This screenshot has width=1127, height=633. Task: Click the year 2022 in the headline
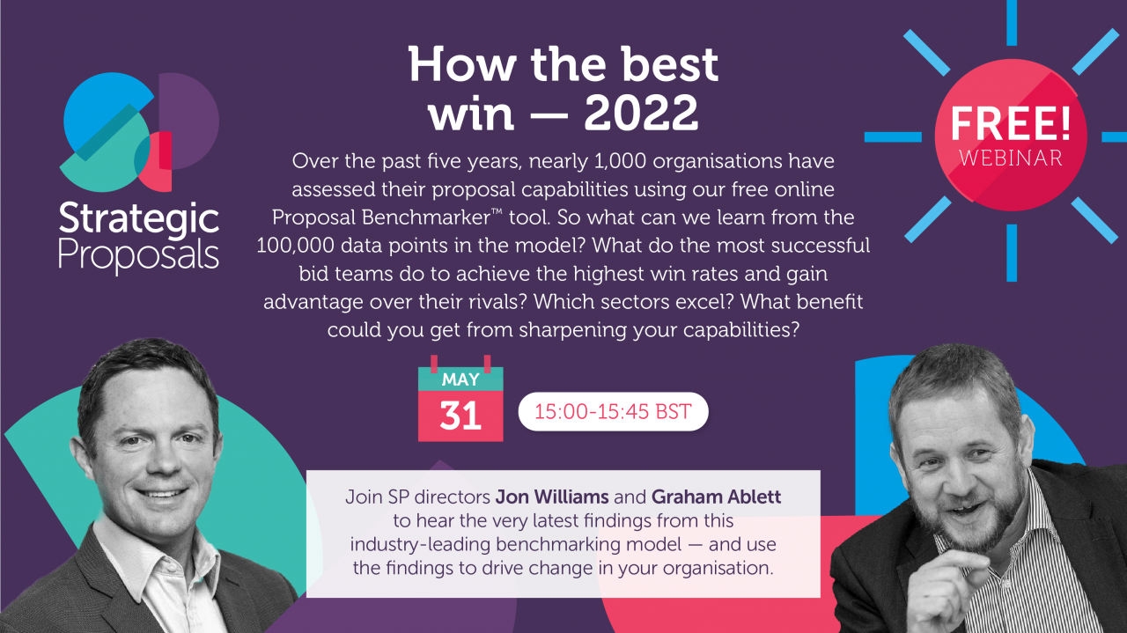click(641, 114)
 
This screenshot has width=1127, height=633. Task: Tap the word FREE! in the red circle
click(1010, 123)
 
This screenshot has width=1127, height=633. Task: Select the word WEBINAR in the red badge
click(1011, 158)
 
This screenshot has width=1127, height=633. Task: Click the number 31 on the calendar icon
click(460, 416)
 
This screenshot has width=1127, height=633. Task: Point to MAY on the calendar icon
click(460, 379)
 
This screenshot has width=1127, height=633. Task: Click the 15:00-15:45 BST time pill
click(613, 412)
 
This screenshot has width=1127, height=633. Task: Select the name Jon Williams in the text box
click(552, 497)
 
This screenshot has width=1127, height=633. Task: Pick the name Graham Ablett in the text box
click(717, 497)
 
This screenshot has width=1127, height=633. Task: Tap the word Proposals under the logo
click(139, 256)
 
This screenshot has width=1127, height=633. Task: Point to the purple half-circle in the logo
click(188, 121)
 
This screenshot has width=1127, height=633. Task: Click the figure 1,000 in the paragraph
click(620, 161)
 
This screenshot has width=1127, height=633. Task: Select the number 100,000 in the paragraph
click(295, 246)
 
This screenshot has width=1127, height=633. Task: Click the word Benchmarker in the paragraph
click(425, 217)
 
